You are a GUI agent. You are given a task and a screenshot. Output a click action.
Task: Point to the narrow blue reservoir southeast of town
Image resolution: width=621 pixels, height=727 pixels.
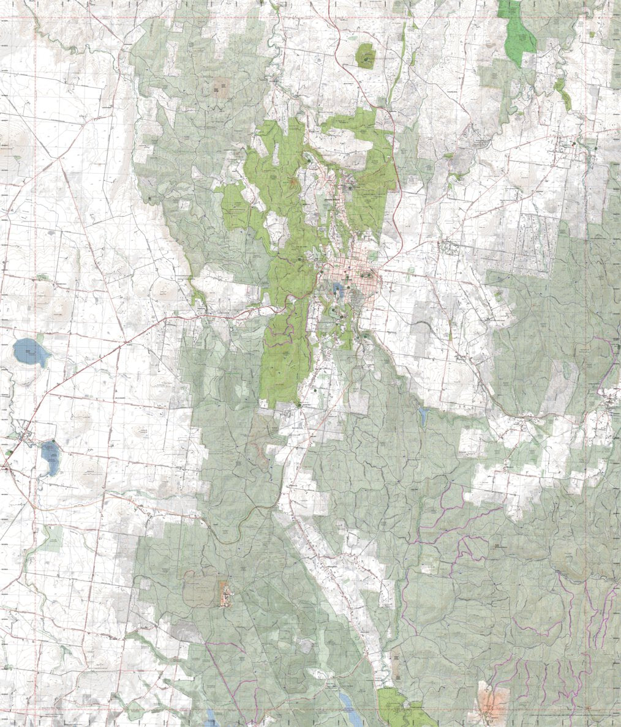(x=423, y=416)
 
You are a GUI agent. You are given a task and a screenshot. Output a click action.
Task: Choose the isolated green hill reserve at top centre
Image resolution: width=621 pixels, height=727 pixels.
(x=366, y=56)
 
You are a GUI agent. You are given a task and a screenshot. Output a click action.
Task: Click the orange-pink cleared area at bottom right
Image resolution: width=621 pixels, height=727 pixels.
(x=492, y=701)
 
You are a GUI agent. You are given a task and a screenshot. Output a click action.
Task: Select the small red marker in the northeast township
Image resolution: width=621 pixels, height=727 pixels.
(x=573, y=144)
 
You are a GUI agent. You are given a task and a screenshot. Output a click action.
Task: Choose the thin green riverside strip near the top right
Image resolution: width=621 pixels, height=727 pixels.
(x=562, y=92)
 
